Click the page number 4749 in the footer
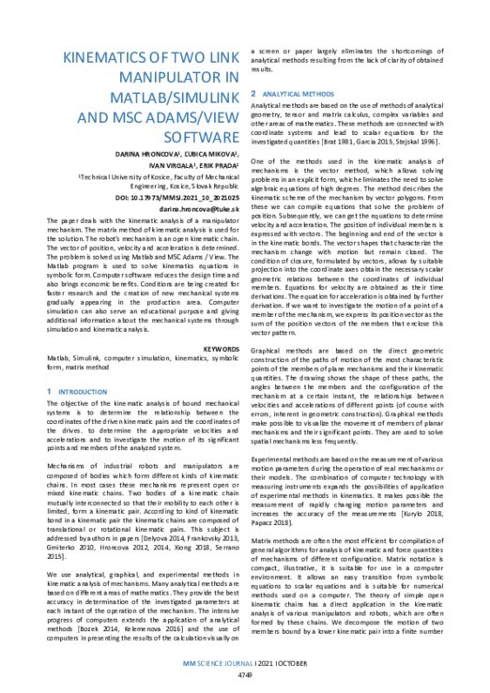click(246, 674)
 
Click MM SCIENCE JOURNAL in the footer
click(216, 662)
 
